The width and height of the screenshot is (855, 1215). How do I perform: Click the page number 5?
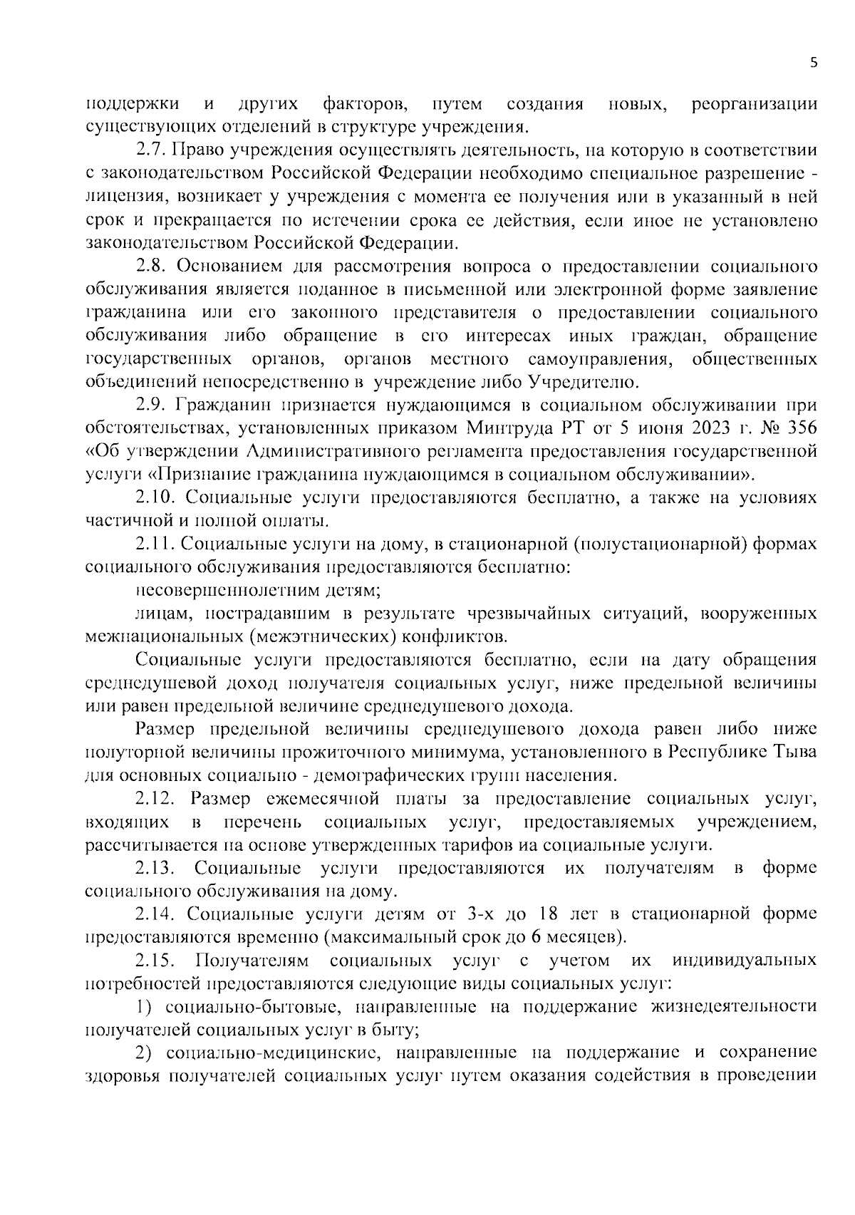[x=814, y=63]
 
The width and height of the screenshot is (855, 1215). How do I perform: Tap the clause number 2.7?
[x=150, y=151]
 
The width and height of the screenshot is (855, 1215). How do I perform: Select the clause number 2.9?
[x=150, y=405]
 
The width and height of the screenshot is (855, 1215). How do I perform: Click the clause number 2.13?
[x=155, y=868]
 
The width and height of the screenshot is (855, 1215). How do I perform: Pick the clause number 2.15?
[x=155, y=961]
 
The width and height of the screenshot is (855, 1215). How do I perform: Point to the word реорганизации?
[x=754, y=105]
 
